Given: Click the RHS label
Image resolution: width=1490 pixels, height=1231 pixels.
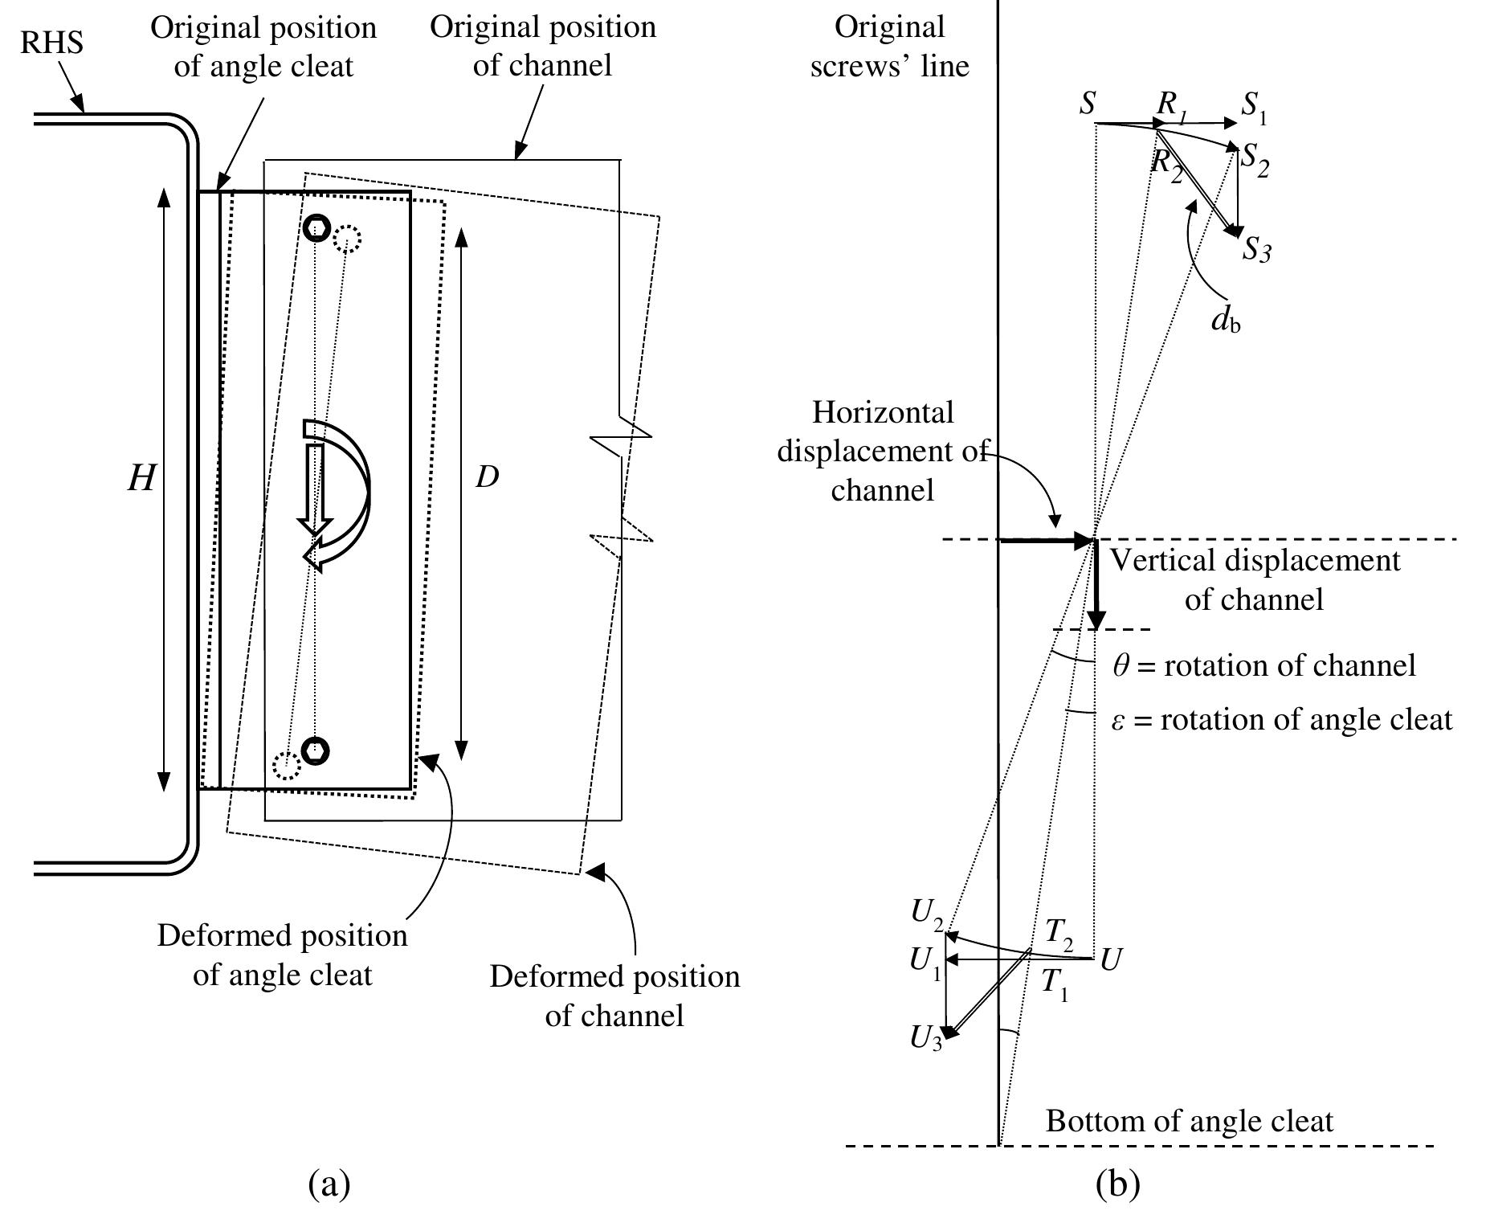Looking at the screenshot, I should click(51, 42).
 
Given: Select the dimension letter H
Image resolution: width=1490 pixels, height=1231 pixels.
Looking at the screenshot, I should click(141, 480).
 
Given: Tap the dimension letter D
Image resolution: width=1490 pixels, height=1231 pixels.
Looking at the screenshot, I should click(487, 477).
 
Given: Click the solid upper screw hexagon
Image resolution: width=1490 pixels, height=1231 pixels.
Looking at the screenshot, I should click(317, 228).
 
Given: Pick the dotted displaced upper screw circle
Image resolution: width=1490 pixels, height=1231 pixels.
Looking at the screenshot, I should click(347, 239).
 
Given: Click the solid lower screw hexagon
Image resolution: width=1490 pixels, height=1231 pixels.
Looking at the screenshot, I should click(316, 750).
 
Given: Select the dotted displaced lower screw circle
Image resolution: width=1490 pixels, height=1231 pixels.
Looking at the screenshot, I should click(286, 765).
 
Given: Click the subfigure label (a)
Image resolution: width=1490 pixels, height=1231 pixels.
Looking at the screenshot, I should click(329, 1184).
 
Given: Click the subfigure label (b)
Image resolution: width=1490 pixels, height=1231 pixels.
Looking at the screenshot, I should click(1117, 1184).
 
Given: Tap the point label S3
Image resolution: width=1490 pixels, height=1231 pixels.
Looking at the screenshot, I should click(1256, 250).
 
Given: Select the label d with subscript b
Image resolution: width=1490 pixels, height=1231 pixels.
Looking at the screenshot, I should click(1226, 321).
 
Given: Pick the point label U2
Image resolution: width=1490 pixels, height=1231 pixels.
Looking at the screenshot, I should click(926, 911).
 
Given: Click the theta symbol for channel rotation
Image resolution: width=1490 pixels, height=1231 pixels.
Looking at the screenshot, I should click(1120, 666).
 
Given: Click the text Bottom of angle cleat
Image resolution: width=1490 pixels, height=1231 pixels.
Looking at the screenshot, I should click(1189, 1121).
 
